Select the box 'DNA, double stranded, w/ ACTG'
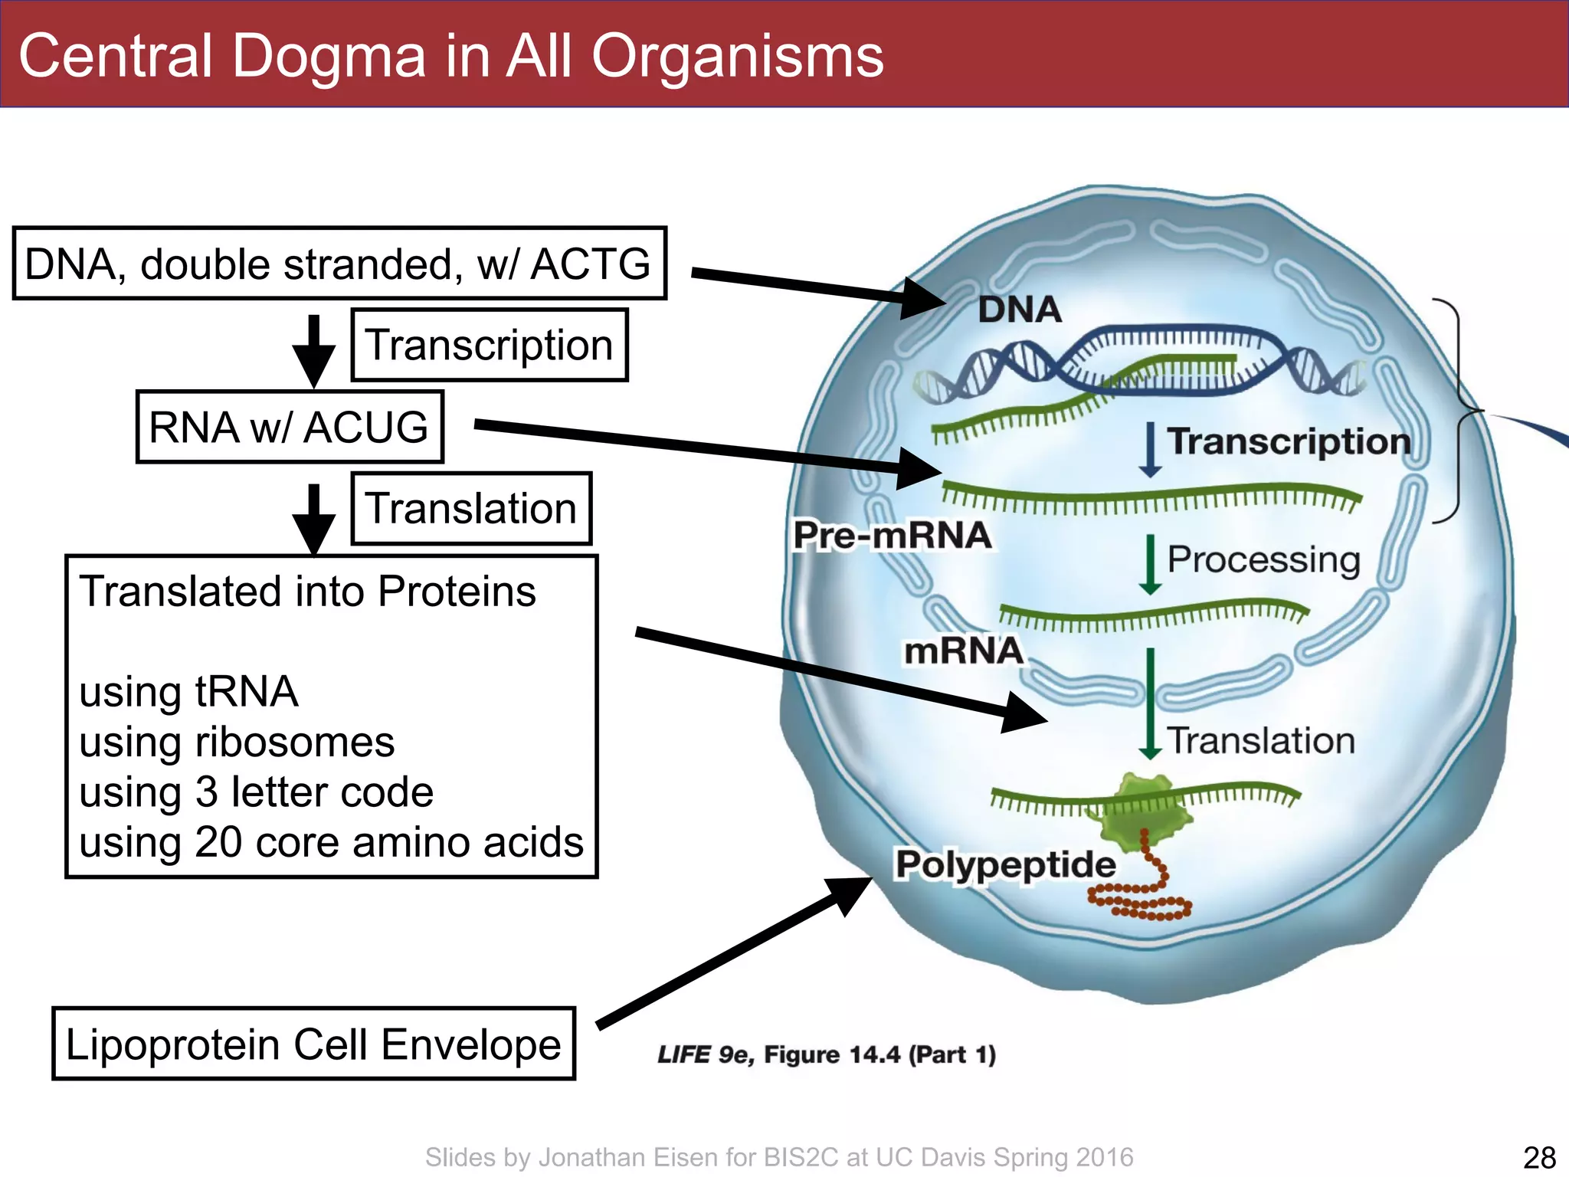(x=339, y=264)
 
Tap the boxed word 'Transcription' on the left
(x=489, y=345)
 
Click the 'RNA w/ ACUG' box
(x=289, y=427)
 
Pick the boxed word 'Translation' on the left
(x=470, y=508)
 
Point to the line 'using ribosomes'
(x=237, y=742)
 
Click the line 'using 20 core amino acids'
(x=331, y=842)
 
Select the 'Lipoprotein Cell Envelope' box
(x=313, y=1044)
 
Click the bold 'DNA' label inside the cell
(x=1020, y=310)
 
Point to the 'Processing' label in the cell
(x=1263, y=559)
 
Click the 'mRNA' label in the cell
(x=964, y=651)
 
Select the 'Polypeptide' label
(x=1005, y=864)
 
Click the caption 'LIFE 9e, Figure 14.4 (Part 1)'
(x=826, y=1054)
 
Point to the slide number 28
(x=1539, y=1157)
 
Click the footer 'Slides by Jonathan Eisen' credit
(x=779, y=1157)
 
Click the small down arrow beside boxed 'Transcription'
(x=313, y=350)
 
